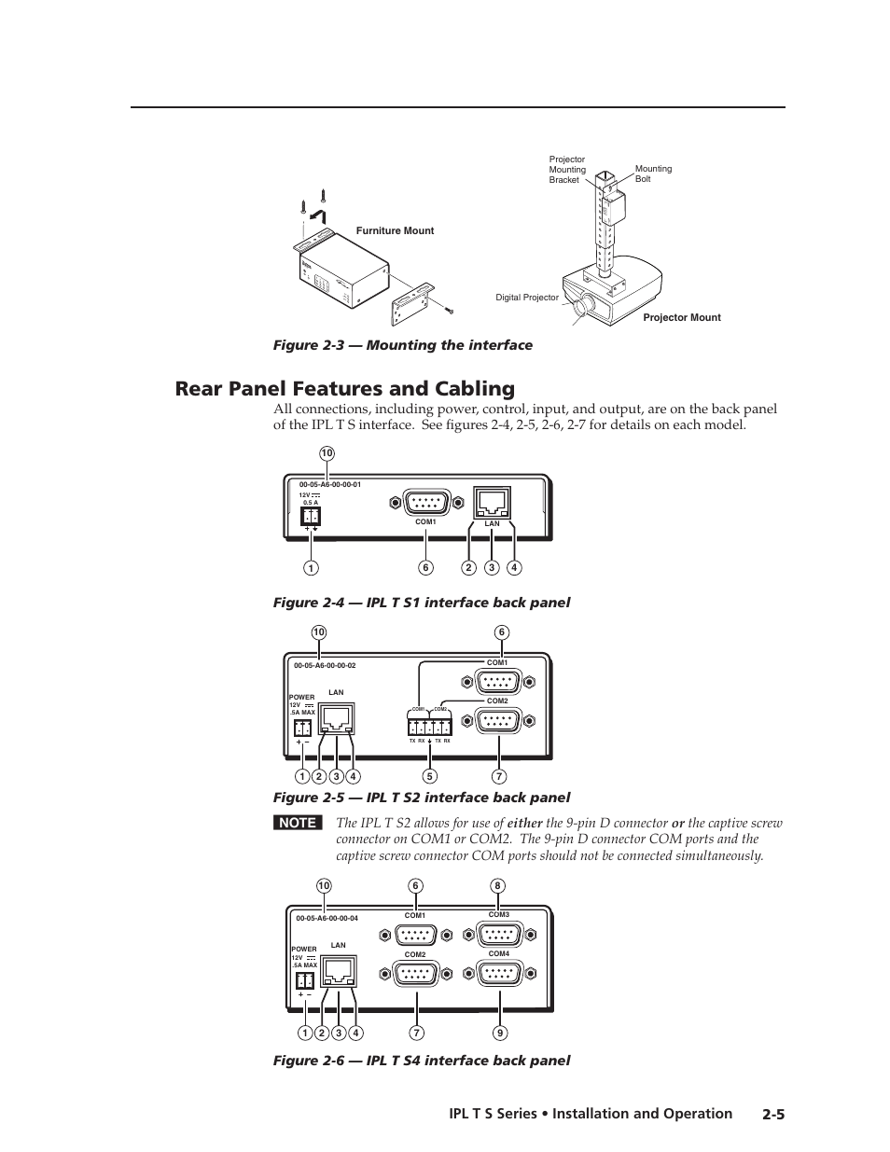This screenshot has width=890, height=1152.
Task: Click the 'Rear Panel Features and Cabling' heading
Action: (x=344, y=389)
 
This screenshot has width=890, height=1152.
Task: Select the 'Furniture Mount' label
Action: (x=395, y=230)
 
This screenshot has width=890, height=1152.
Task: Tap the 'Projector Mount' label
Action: (x=682, y=318)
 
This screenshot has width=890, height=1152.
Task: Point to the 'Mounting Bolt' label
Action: (x=653, y=173)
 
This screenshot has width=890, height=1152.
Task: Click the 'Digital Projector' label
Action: (x=527, y=298)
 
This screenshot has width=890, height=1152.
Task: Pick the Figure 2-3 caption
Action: (x=402, y=345)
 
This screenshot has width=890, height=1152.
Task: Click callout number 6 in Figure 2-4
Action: (x=425, y=568)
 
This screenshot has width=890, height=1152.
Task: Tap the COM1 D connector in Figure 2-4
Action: (x=425, y=502)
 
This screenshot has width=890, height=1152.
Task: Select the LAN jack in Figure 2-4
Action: (x=493, y=503)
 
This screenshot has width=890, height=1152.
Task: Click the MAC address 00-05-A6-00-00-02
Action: (x=325, y=666)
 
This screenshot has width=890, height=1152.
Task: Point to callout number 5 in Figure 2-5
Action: (x=429, y=776)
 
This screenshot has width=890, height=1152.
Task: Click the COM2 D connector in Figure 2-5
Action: (x=498, y=720)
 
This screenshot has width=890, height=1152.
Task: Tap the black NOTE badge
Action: (x=298, y=823)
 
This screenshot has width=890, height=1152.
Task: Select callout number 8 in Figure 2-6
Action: (x=499, y=885)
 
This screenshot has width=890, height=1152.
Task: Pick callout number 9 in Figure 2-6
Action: (x=499, y=1033)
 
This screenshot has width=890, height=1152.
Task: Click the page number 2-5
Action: (x=773, y=1114)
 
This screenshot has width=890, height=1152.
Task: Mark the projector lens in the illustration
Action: (x=586, y=305)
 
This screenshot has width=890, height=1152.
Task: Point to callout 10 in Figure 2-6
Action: (x=323, y=885)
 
